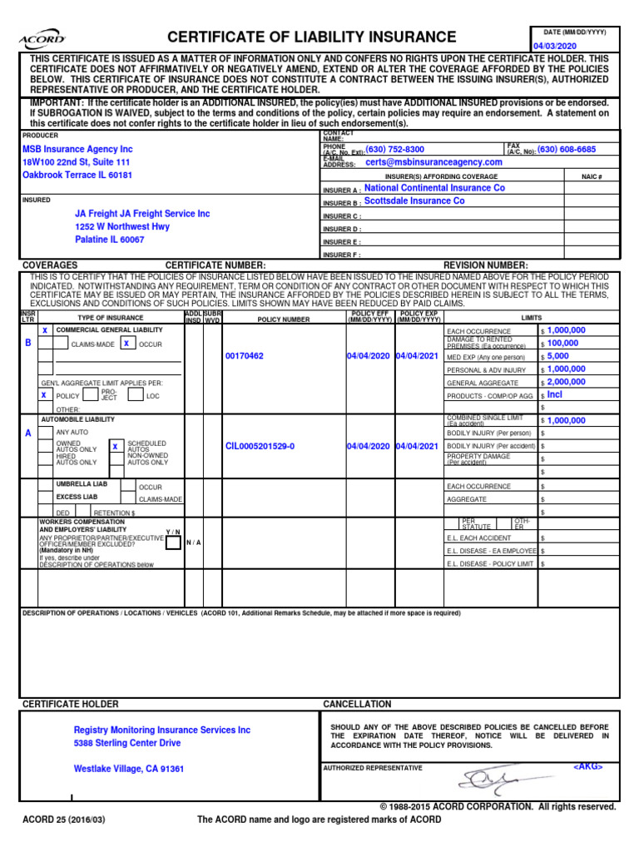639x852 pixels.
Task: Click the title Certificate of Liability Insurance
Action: click(312, 37)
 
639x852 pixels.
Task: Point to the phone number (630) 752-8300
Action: click(395, 150)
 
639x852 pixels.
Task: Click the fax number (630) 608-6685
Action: click(567, 150)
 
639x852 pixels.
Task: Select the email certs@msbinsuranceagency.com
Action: click(433, 162)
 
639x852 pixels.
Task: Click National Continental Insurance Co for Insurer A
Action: click(434, 188)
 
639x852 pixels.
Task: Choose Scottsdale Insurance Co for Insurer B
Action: click(414, 201)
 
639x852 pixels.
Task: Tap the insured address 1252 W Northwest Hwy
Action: click(122, 226)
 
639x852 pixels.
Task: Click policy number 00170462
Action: click(245, 356)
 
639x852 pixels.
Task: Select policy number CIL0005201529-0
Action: click(260, 447)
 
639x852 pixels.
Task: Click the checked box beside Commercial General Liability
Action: click(45, 330)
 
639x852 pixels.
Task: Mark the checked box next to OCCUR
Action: click(126, 343)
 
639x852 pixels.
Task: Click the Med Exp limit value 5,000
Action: click(558, 356)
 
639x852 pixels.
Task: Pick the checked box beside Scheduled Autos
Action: click(115, 447)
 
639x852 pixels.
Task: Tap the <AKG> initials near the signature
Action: click(587, 766)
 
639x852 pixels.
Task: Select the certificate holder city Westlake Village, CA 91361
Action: click(129, 769)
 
